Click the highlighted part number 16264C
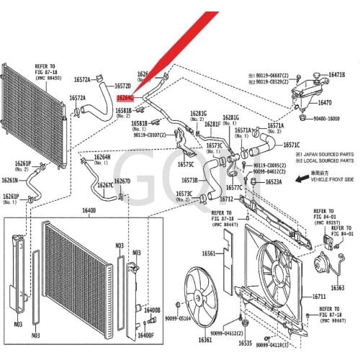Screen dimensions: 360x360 pyautogui.click(x=125, y=97)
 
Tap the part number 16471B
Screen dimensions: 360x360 pyautogui.click(x=336, y=75)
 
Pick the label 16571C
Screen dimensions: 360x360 pyautogui.click(x=291, y=145)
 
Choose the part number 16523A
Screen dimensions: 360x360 pyautogui.click(x=273, y=182)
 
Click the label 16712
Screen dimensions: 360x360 pyautogui.click(x=227, y=198)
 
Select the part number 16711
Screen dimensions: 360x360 pyautogui.click(x=319, y=297)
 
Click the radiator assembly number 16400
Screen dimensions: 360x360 pyautogui.click(x=89, y=210)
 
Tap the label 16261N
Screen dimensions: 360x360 pyautogui.click(x=11, y=180)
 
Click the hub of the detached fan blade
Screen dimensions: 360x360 pyautogui.click(x=195, y=297)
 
